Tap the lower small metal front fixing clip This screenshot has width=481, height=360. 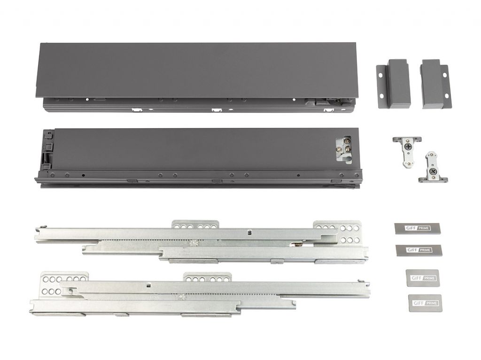431,166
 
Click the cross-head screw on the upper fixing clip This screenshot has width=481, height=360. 407,146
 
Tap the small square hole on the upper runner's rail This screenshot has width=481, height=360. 249,231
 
